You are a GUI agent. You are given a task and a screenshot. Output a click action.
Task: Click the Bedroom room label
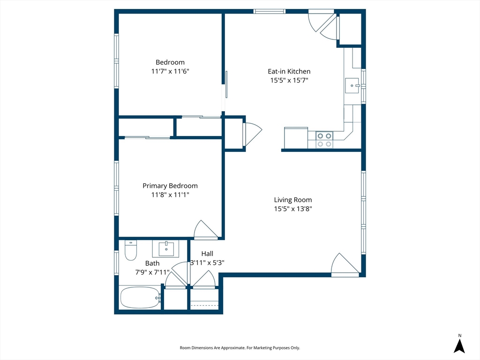point(170,62)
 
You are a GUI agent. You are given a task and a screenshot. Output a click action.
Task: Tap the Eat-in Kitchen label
point(289,71)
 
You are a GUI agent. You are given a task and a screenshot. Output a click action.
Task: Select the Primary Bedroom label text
point(170,186)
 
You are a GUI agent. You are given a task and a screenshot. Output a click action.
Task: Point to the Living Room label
point(292,200)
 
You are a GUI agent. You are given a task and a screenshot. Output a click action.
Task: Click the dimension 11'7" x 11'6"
point(170,71)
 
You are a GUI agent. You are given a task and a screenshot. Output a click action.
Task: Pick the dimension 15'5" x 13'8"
point(292,209)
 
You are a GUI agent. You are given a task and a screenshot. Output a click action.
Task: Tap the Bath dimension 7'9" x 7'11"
point(152,272)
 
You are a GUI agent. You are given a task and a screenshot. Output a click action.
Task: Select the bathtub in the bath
point(140,298)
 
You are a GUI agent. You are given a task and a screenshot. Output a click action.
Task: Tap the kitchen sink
point(352,85)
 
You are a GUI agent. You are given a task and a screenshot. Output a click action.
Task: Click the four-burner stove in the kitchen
point(324,140)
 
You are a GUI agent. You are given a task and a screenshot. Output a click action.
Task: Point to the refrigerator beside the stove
point(296,138)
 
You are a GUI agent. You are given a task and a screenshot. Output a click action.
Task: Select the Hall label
point(207,254)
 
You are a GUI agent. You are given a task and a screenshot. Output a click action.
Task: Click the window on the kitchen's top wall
point(270,11)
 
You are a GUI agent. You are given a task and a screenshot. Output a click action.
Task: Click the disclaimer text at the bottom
point(240,348)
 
